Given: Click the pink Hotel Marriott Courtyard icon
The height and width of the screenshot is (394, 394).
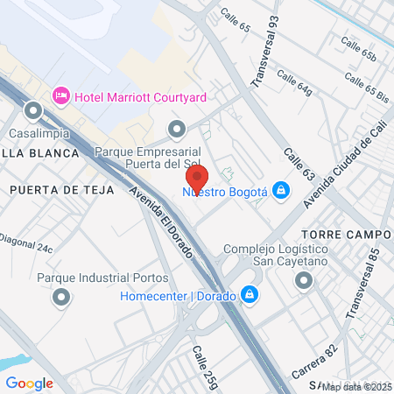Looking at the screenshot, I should pos(61,95).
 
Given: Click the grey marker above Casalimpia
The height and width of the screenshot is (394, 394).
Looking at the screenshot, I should pos(33,111).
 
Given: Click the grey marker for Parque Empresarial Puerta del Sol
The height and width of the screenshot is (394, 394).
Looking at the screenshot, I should pos(177,130).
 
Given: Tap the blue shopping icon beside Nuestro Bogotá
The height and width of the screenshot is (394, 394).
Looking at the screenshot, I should pos(280,189).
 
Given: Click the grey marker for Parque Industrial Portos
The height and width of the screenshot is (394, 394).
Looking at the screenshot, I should pos(61,299).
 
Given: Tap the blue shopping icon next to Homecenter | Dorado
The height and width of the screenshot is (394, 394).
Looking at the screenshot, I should pos(250,294).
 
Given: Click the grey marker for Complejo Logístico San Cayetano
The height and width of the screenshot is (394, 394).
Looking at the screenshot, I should pos(304,280).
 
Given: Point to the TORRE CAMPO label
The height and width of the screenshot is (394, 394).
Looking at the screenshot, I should pos(345,235).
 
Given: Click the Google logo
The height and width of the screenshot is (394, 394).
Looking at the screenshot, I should pos(30,382).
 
